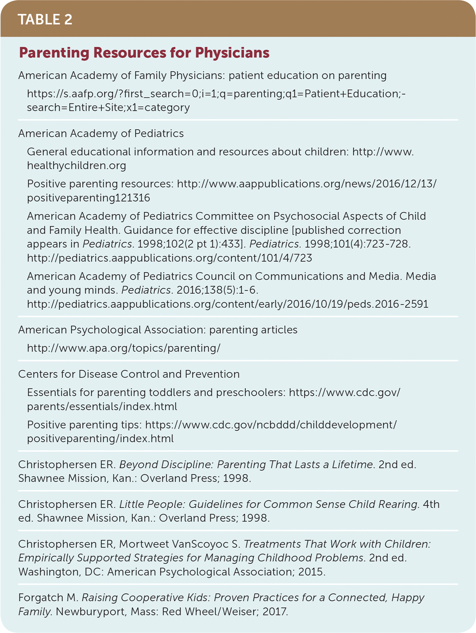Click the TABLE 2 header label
45,19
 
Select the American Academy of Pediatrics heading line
101,133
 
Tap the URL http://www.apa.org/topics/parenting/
124,348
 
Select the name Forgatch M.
48,597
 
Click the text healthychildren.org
76,165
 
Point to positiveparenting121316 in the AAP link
88,198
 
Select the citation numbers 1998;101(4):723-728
357,244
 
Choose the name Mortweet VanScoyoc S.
179,544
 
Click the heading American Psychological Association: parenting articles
158,330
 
